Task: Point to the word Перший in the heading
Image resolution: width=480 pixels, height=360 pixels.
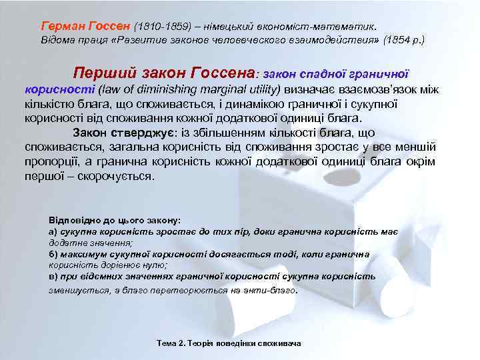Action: tap(99, 73)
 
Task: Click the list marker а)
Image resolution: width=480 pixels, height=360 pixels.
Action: tap(53, 231)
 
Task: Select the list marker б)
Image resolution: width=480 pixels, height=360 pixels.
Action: tap(53, 254)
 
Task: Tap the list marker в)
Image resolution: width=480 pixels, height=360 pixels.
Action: tap(53, 276)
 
